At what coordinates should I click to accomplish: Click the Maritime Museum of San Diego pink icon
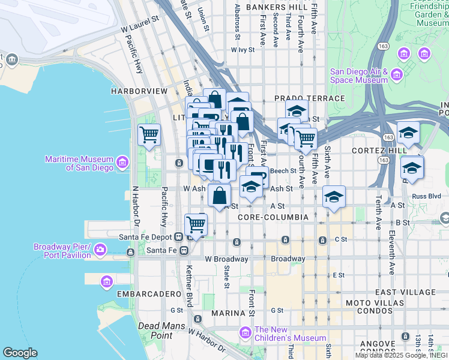[122, 163]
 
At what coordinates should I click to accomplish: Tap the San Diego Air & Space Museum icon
[396, 75]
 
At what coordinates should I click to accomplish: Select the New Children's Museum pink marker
[245, 332]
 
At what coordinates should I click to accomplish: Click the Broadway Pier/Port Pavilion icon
[100, 248]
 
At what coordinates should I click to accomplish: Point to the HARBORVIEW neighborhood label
[139, 91]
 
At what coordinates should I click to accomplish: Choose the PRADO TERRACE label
[309, 98]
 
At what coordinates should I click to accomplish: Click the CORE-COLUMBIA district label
[273, 217]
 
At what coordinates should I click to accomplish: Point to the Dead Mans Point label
[155, 331]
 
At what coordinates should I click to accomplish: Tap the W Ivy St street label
[244, 51]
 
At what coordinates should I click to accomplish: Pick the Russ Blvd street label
[426, 195]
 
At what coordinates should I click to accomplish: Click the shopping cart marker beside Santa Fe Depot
[196, 225]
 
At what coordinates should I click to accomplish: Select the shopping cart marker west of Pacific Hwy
[149, 135]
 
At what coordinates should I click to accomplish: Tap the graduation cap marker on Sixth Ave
[334, 197]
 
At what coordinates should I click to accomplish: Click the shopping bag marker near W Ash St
[220, 195]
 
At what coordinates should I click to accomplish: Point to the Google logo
[20, 352]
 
